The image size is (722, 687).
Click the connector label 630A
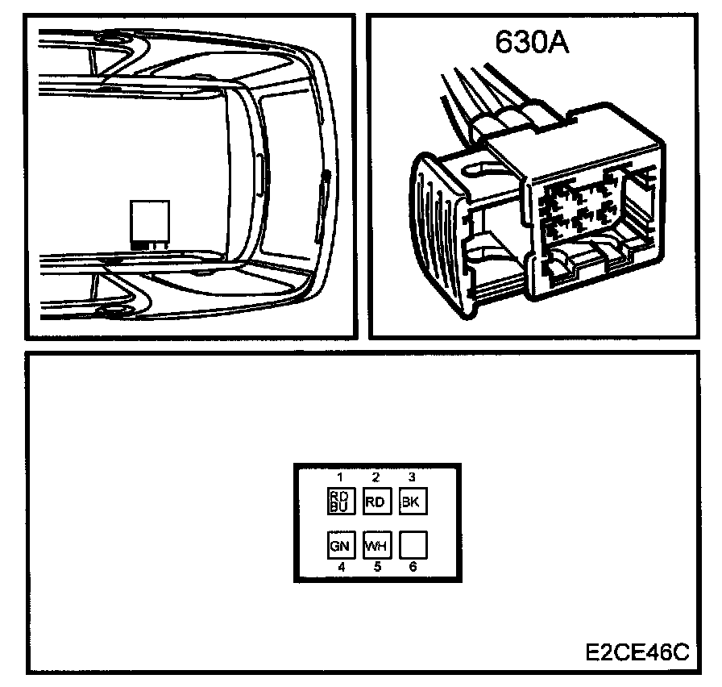click(532, 42)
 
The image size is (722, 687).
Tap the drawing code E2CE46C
click(637, 652)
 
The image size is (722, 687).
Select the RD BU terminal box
click(339, 502)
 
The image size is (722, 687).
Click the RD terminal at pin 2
click(376, 502)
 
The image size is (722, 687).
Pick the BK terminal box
click(411, 502)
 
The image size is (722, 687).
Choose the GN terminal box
click(339, 545)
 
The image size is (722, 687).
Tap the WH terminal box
click(376, 545)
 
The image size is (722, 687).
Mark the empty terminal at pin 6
click(412, 545)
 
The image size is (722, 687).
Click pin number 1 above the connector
click(339, 477)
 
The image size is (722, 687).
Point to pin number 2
click(376, 477)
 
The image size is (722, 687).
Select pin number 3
click(412, 477)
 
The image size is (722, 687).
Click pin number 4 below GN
click(341, 567)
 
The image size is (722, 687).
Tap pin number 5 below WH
click(376, 567)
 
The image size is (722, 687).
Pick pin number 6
click(413, 567)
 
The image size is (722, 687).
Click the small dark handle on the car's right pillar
click(325, 179)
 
